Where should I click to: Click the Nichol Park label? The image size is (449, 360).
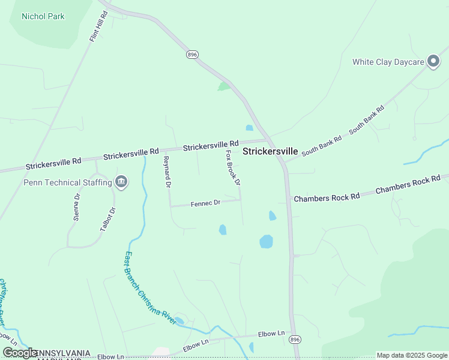click(x=43, y=16)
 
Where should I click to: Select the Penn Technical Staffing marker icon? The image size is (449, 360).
click(x=121, y=181)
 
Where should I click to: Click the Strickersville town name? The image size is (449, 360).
click(x=270, y=152)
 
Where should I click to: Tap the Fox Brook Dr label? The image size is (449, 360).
click(x=233, y=167)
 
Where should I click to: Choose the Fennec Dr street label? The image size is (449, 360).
click(x=206, y=203)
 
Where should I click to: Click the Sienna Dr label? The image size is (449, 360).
click(x=77, y=208)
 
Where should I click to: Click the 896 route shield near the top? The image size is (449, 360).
click(x=192, y=54)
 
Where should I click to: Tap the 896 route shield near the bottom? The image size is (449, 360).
click(x=294, y=340)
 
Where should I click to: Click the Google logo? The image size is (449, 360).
click(x=20, y=353)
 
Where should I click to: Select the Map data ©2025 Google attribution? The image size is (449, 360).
click(x=412, y=355)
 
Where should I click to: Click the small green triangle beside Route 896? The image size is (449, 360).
click(x=224, y=86)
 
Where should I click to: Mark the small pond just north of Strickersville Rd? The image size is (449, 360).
click(x=249, y=127)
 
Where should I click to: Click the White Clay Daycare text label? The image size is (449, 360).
click(x=388, y=61)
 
